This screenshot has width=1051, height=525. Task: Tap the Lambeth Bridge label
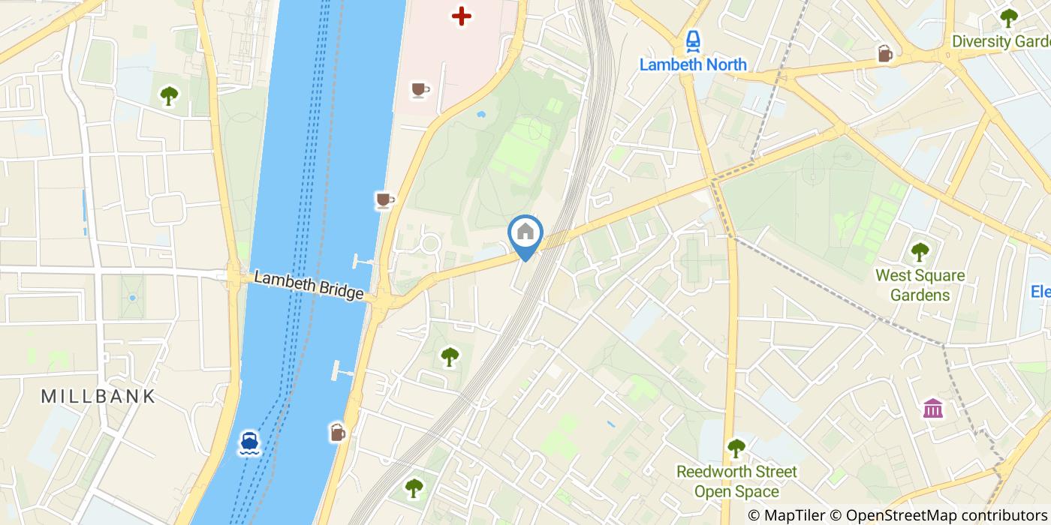309,286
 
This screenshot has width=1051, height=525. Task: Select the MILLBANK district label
98,396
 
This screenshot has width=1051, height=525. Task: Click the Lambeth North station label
693,64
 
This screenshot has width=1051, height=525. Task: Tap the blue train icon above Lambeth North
692,40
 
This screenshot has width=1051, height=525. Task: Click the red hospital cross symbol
461,15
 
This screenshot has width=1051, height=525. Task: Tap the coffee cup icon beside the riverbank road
384,200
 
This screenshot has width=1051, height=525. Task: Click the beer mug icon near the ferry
338,432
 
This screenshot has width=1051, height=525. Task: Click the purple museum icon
933,409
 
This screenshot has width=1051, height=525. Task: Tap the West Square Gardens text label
920,285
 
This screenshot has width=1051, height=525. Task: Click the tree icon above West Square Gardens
920,252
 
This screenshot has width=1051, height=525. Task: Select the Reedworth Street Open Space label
736,481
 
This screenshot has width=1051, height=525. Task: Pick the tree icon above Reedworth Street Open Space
736,448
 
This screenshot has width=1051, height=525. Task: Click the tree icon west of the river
169,96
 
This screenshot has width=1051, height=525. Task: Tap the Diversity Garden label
1001,41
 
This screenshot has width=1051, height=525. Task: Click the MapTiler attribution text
786,514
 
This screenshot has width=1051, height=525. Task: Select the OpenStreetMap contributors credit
940,514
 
